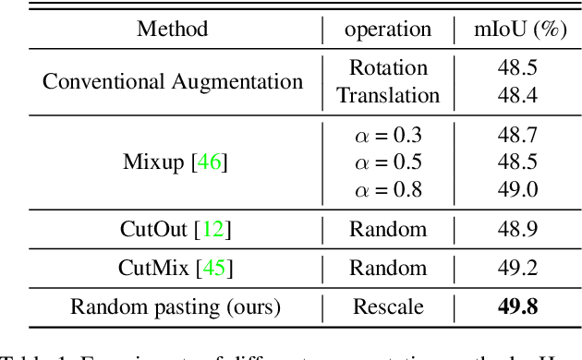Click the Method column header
tap(172, 29)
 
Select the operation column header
tap(388, 29)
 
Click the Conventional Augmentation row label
tap(173, 81)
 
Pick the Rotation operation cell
tap(388, 68)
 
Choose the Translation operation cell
tap(388, 95)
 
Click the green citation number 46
tap(210, 163)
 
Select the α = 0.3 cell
tap(388, 136)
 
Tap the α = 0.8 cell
tap(388, 189)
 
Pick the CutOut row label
tap(174, 230)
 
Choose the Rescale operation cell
tap(388, 307)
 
